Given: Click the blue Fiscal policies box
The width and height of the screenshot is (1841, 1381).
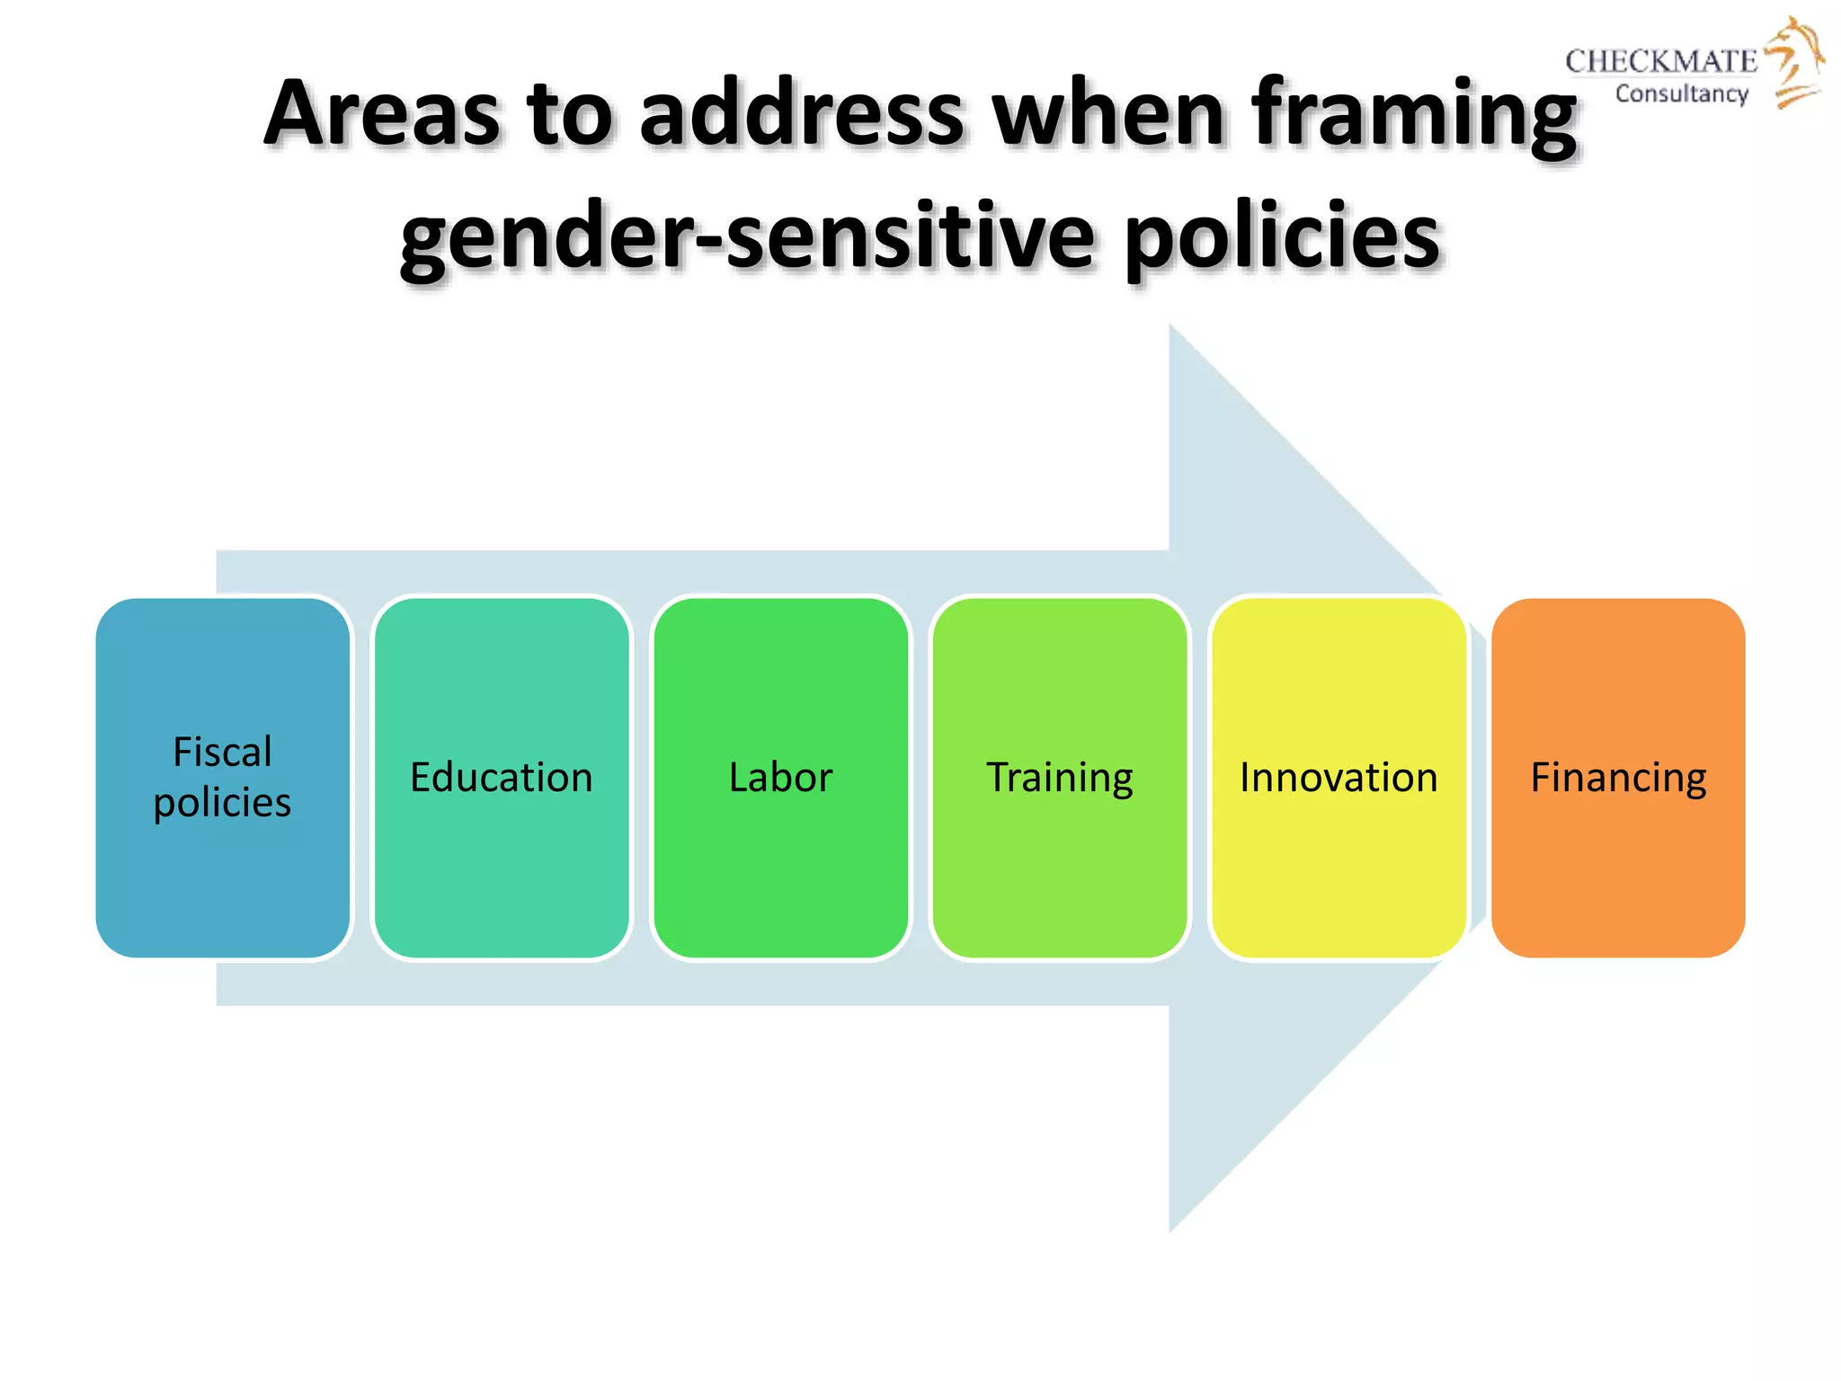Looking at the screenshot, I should (x=222, y=863).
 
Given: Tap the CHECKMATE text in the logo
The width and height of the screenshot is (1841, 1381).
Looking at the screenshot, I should (x=1660, y=61).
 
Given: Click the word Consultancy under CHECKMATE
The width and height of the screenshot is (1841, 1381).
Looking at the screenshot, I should (x=1681, y=94).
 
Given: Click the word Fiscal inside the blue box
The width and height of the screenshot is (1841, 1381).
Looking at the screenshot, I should (x=222, y=752).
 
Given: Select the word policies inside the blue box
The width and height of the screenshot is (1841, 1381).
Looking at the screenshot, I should (x=222, y=802).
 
